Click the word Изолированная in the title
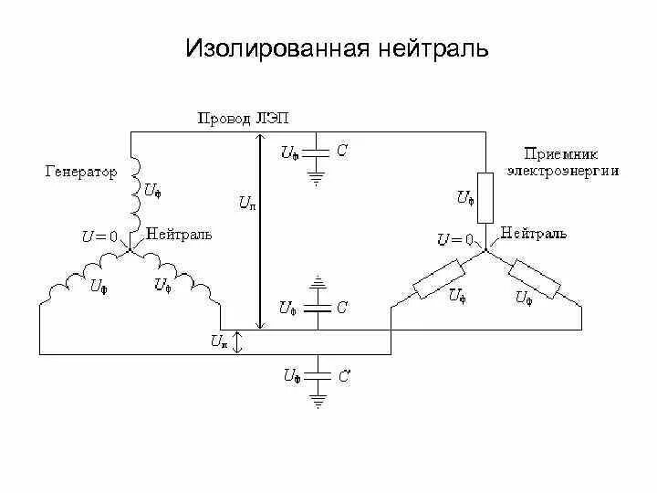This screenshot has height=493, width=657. coord(273,47)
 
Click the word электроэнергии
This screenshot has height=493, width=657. coord(563,170)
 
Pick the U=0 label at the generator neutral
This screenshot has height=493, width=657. coord(99,236)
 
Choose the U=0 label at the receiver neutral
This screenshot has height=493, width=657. coord(454,239)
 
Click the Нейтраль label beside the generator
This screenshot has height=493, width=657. coord(179,234)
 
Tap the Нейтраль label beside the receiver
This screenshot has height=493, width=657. coord(534,233)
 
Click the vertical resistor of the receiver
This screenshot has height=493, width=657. coord(485,197)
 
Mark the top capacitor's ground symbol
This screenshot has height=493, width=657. coord(316,179)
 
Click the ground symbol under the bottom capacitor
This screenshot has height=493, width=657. coord(317,399)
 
